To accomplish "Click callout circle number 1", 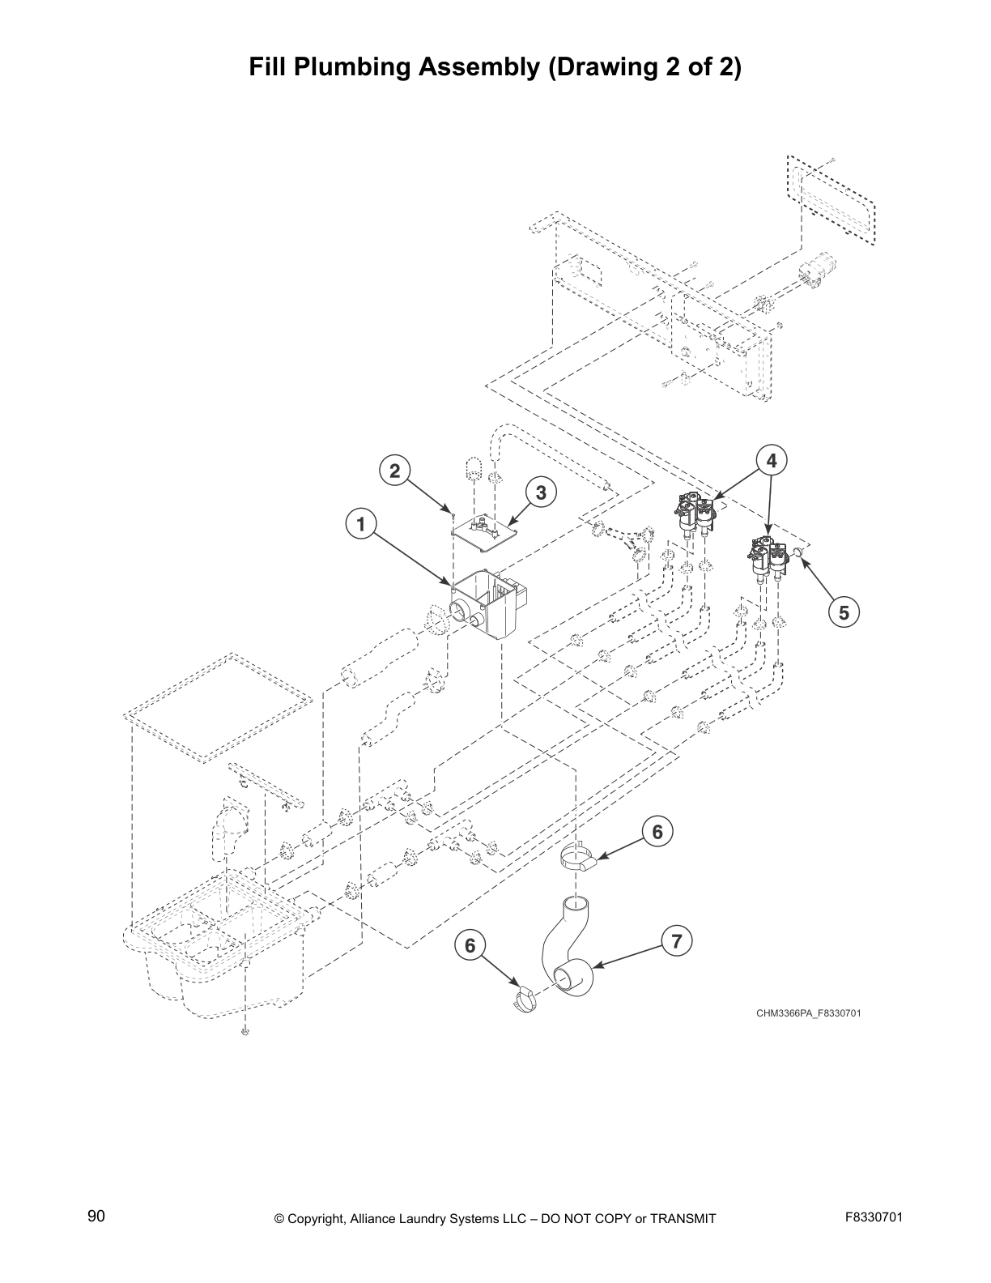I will (x=361, y=524).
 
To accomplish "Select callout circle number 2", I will (x=395, y=471).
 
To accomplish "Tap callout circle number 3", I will (x=541, y=492).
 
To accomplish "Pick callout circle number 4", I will (x=772, y=460).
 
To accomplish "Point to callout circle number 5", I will (x=844, y=612).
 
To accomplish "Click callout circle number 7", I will (x=677, y=940).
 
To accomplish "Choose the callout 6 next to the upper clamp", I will (x=657, y=832).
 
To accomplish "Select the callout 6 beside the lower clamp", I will (x=470, y=945).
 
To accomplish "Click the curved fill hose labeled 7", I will (x=567, y=948).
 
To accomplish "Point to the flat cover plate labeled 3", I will (x=485, y=528).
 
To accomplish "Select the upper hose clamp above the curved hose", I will (x=578, y=859).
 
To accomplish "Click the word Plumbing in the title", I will (x=353, y=66).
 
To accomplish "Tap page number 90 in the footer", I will (x=96, y=1217).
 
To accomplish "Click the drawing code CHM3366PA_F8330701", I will (x=802, y=1013).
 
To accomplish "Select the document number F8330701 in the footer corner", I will (x=874, y=1217).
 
